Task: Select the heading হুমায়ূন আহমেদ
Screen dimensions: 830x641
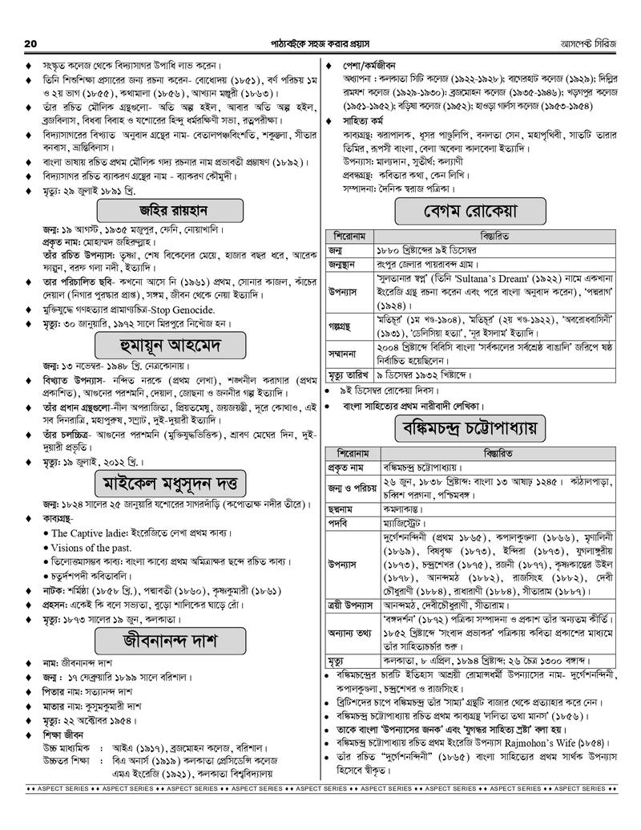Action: pyautogui.click(x=170, y=346)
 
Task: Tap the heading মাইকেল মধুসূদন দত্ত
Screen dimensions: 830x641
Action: pyautogui.click(x=170, y=484)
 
